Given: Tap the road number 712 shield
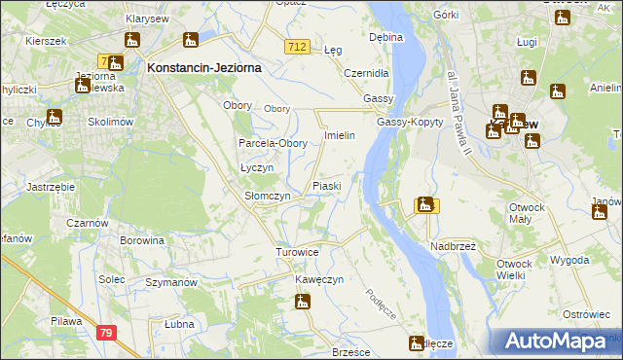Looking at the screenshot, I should (299, 47).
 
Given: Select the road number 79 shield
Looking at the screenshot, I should (106, 333).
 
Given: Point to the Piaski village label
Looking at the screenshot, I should (325, 186).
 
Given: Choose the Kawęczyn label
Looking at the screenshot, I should (320, 280).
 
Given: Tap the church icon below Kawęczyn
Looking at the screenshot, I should (303, 303).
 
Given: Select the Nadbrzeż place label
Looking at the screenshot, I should (453, 247).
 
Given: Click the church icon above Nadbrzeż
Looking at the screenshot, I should (424, 205).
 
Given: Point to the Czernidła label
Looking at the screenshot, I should (366, 73).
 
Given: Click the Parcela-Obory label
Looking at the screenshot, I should (274, 144).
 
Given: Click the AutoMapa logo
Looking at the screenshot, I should (560, 341).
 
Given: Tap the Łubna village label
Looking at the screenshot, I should (178, 324).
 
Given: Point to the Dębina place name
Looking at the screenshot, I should (385, 37).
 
